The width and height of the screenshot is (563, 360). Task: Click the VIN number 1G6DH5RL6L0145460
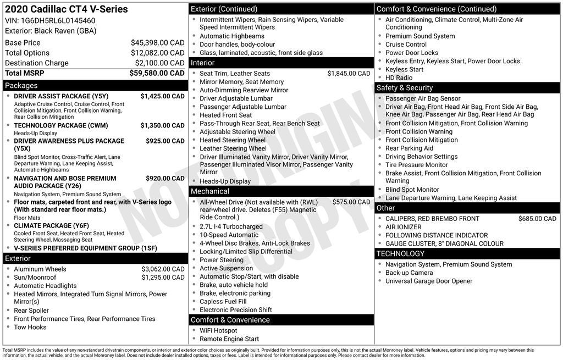point(60,21)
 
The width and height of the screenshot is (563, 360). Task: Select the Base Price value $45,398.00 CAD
point(157,43)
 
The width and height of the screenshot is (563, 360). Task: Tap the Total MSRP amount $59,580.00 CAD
point(157,73)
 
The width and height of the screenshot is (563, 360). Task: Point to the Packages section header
point(21,86)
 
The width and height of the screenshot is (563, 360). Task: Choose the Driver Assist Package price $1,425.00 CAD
point(162,96)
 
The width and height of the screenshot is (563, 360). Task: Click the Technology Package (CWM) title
point(61,125)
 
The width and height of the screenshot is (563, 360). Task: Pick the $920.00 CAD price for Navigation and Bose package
point(165,178)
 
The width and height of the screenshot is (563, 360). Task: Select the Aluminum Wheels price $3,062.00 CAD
point(163,269)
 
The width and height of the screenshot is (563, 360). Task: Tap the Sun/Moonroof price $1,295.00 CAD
point(163,278)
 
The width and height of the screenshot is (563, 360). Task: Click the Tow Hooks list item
point(30,327)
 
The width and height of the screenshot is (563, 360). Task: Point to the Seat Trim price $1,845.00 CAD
point(349,74)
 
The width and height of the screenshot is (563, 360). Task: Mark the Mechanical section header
point(209,191)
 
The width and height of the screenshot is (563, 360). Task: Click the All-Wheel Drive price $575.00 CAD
point(351,202)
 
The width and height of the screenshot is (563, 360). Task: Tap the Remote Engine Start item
point(229,339)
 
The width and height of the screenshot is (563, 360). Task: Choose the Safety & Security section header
point(405,88)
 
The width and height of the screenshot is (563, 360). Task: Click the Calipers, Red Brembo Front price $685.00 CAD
point(537,219)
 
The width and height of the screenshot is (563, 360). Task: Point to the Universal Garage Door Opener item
point(429,281)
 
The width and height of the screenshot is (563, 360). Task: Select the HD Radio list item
point(399,77)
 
